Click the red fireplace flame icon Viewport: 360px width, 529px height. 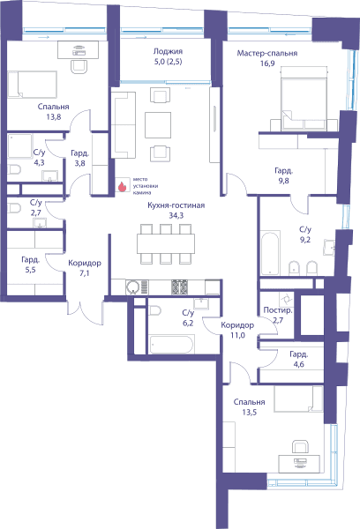[122, 186]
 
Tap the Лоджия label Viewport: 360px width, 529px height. [168, 51]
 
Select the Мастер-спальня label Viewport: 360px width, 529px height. [267, 53]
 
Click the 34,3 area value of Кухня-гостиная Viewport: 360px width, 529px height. [176, 215]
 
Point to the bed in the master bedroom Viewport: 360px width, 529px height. [304, 98]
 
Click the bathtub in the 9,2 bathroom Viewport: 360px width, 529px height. [270, 253]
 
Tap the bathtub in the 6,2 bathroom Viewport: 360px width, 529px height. [171, 345]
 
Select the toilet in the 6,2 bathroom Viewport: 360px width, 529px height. [155, 310]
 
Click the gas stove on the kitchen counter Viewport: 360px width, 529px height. [179, 287]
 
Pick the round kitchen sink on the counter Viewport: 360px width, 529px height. [132, 287]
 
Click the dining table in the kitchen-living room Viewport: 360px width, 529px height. [166, 243]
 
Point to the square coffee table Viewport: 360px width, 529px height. [158, 125]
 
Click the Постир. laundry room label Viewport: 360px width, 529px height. [278, 310]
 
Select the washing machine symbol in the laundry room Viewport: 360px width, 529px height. [287, 299]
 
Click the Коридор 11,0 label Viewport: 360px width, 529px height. [237, 330]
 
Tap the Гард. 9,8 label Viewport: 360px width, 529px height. [284, 175]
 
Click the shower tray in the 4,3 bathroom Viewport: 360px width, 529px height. [20, 146]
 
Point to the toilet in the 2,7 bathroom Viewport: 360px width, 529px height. [14, 208]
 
